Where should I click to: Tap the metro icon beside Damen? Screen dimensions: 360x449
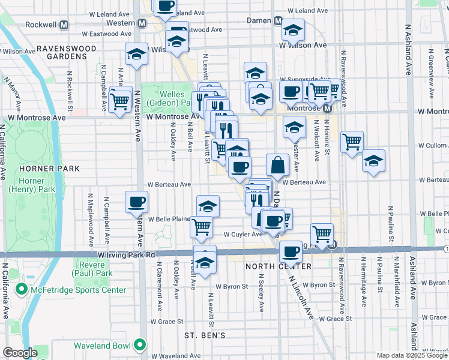click(x=278, y=20)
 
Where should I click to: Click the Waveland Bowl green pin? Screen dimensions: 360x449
click(x=140, y=345)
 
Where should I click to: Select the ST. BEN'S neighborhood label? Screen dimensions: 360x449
click(x=205, y=335)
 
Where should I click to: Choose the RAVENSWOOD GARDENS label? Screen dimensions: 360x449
click(x=65, y=52)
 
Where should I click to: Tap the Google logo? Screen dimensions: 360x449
click(x=20, y=353)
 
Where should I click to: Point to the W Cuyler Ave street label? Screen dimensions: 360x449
click(x=243, y=235)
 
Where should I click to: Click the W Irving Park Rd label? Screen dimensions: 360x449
click(x=127, y=254)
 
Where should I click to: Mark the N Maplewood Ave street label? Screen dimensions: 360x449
click(x=91, y=220)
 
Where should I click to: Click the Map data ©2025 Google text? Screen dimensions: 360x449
click(x=412, y=355)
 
